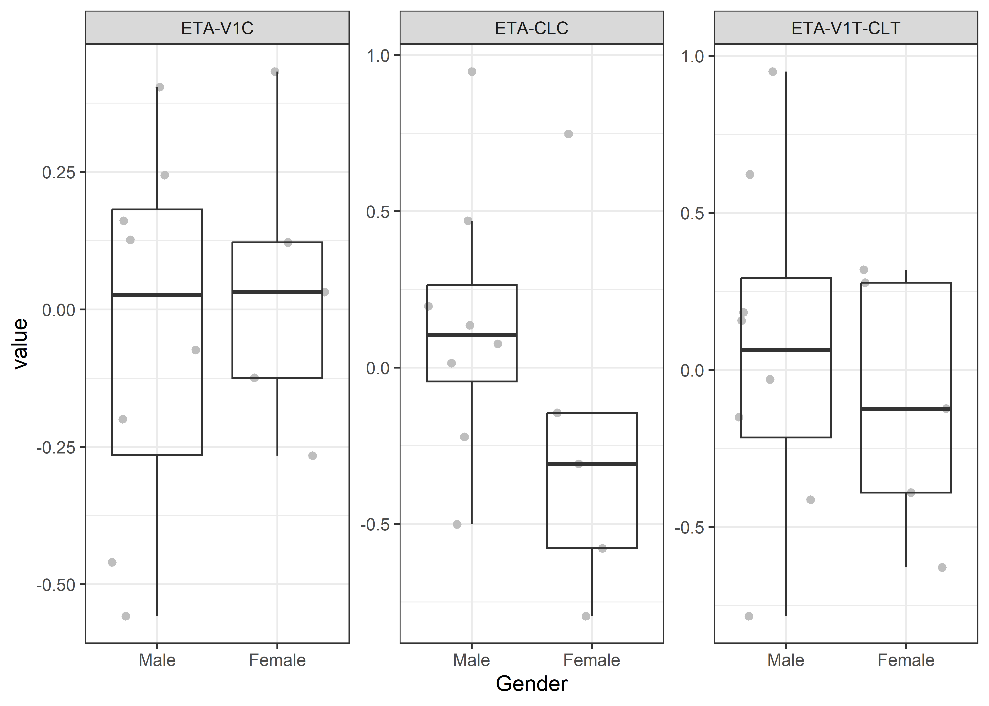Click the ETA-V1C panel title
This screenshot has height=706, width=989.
coord(217,28)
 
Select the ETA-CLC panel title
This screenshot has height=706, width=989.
coord(531,28)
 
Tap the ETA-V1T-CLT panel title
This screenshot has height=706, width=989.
coord(846,28)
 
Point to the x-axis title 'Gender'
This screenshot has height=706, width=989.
coord(531,684)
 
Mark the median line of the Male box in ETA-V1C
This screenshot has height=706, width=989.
coord(157,295)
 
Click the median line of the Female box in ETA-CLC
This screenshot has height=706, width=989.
coord(592,464)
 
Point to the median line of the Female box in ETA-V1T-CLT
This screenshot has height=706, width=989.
coord(906,408)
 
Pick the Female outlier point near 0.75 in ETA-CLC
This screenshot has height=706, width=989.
coord(568,134)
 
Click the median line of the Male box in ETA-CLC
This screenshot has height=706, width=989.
coord(471,334)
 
